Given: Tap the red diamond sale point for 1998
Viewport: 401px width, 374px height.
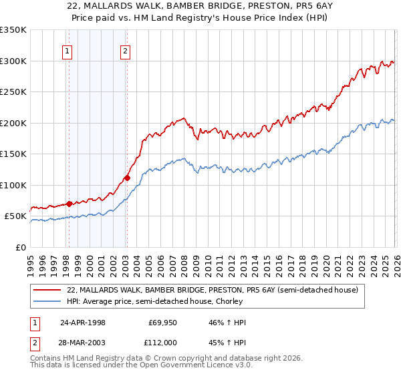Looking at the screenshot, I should (69, 204).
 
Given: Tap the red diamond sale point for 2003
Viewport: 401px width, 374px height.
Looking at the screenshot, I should (126, 178).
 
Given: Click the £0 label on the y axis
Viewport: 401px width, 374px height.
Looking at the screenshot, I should (21, 247).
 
